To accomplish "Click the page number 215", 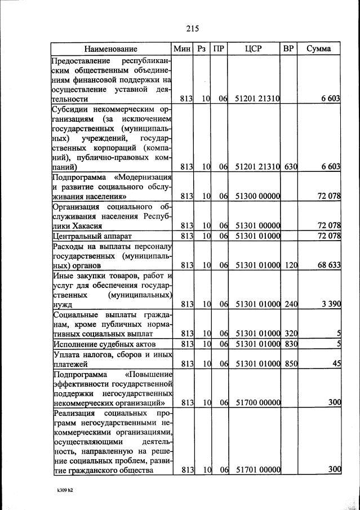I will pyautogui.click(x=193, y=28).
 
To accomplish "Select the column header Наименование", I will pyautogui.click(x=111, y=49).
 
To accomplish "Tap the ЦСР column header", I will pyautogui.click(x=254, y=49).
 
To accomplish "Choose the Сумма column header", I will pyautogui.click(x=318, y=49).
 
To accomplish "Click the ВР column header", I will pyautogui.click(x=288, y=49).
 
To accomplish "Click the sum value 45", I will pyautogui.click(x=336, y=364).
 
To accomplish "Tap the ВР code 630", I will pyautogui.click(x=291, y=167).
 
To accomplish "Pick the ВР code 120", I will pyautogui.click(x=291, y=264).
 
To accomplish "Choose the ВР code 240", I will pyautogui.click(x=291, y=304).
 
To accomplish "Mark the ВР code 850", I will pyautogui.click(x=291, y=364).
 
